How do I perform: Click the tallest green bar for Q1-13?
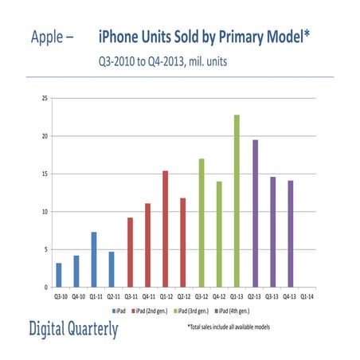click(237, 201)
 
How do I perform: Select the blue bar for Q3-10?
click(59, 275)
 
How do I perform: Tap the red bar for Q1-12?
click(166, 229)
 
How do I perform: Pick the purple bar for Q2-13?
click(255, 213)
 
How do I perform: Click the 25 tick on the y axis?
click(45, 99)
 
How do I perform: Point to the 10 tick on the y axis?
click(45, 212)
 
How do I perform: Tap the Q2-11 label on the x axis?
click(112, 295)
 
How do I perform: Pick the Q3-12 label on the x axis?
click(201, 295)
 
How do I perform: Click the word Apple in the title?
click(50, 37)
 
